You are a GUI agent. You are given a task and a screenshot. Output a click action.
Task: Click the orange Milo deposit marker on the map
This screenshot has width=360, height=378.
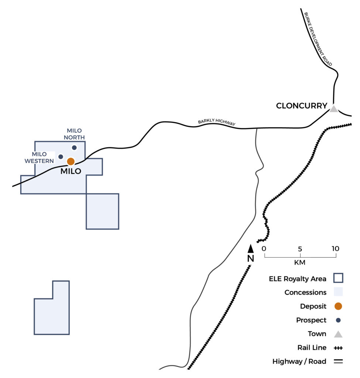pos(71,161)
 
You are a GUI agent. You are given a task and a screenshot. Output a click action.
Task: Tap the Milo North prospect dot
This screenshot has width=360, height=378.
pos(74,148)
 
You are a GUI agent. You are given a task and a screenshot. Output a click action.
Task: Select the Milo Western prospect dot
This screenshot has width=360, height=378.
pos(61,157)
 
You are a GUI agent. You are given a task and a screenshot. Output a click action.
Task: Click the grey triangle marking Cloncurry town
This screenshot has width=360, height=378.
pos(334,109)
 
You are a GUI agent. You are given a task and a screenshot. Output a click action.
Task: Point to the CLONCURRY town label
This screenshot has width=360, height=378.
pos(301,106)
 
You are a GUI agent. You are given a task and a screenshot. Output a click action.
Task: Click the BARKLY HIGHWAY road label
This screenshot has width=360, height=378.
pos(216,122)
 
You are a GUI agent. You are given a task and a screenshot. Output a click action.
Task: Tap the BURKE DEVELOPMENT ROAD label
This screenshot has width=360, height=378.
pos(318,39)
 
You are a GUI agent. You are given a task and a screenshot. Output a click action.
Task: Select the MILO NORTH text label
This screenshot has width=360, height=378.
pos(74,134)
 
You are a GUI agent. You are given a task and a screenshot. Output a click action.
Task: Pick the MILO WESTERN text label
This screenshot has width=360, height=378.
pos(39,157)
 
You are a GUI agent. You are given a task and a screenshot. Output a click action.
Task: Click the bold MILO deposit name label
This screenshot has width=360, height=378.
pos(71,171)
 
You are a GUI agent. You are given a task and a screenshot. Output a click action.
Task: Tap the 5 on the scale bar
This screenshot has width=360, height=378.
pos(300,249)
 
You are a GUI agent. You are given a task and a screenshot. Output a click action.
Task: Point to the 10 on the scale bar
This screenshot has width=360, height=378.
pos(335,248)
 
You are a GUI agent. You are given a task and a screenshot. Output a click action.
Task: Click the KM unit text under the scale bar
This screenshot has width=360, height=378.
pos(300,262)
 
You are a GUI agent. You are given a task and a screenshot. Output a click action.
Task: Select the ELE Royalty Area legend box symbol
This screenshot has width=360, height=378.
pos(338,278)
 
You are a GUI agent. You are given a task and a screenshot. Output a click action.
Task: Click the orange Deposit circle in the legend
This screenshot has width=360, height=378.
pos(338,306)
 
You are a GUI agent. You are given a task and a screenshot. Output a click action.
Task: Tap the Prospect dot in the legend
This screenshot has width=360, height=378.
pos(338,320)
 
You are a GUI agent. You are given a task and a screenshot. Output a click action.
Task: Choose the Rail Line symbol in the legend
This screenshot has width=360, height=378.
pos(338,348)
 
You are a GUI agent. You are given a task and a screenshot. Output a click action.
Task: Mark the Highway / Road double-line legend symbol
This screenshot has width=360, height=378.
pos(338,361)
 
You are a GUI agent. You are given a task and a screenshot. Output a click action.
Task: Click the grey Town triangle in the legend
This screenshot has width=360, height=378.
pos(338,334)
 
